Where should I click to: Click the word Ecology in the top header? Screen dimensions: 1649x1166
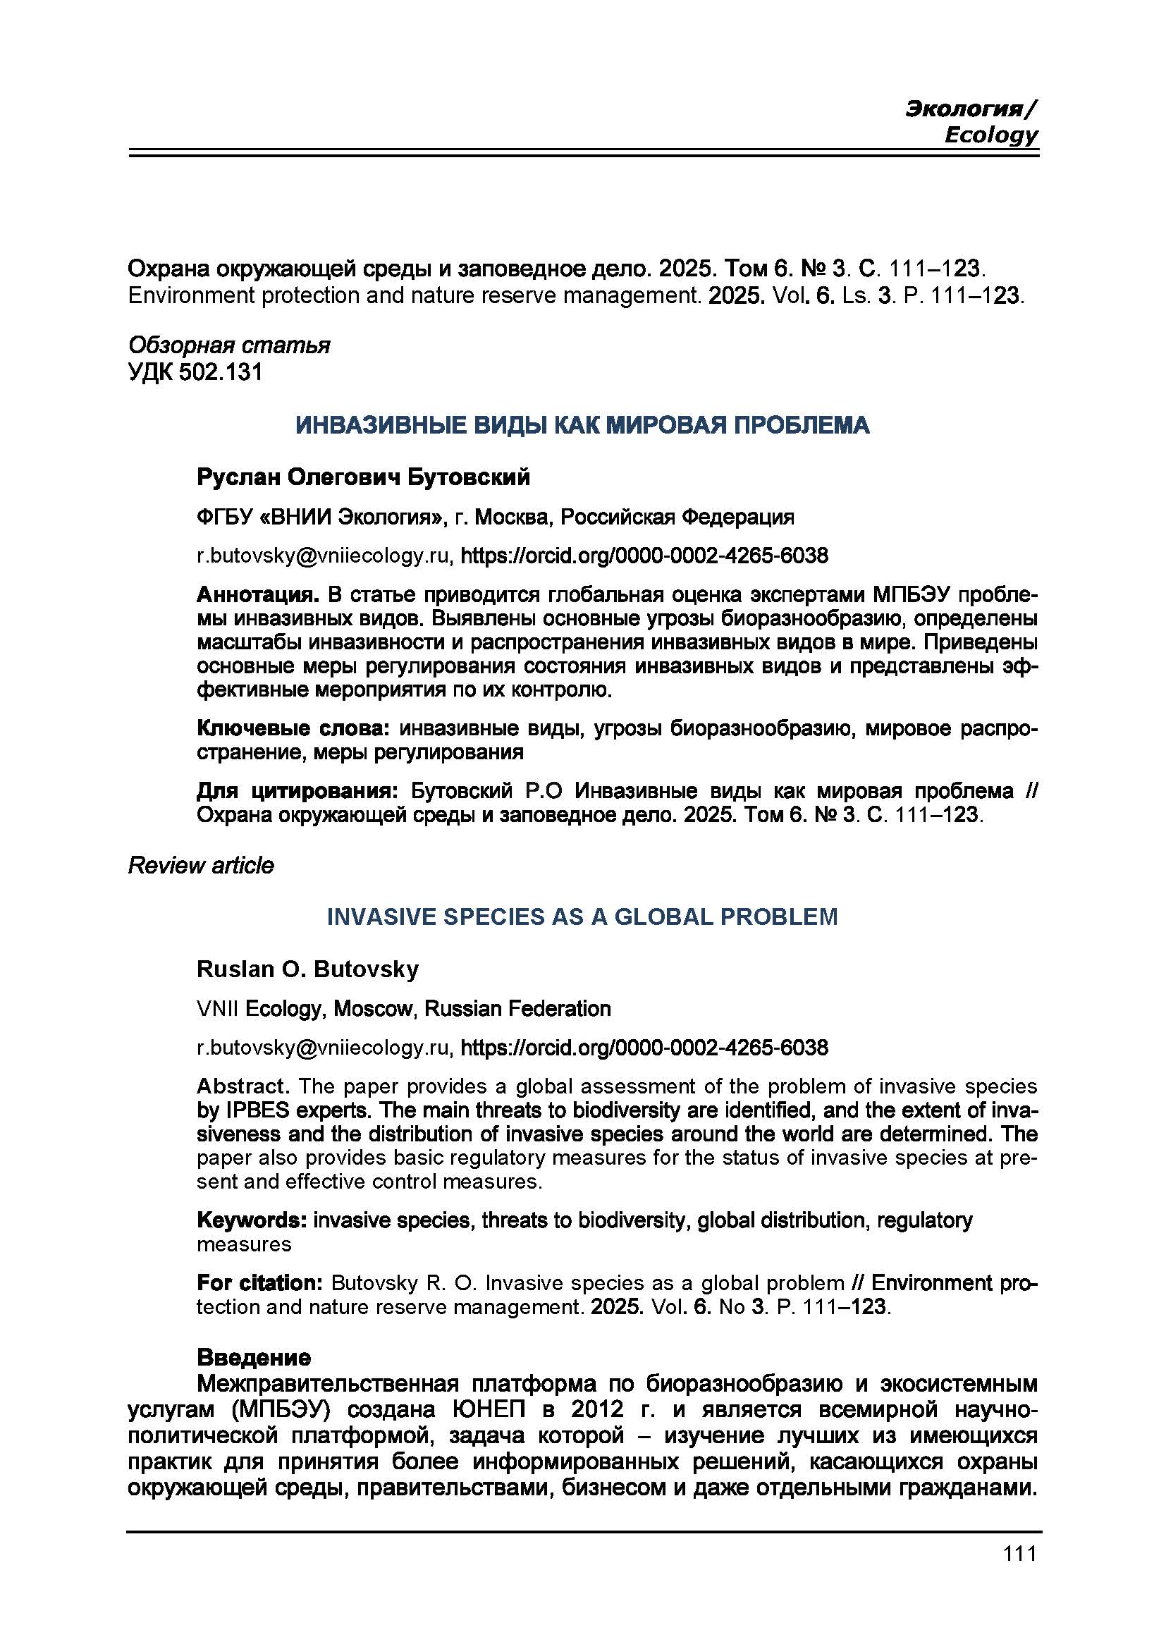click(x=990, y=135)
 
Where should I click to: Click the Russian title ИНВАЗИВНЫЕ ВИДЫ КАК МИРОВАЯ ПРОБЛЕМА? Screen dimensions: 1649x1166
click(x=582, y=425)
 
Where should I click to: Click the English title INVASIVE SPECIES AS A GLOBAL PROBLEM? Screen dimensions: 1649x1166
click(x=582, y=917)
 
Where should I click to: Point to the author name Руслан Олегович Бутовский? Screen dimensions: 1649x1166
click(x=363, y=477)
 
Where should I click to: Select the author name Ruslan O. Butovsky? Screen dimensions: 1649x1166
click(x=307, y=969)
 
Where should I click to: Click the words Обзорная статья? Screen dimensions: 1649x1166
click(x=229, y=345)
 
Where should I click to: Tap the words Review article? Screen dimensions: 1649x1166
click(x=201, y=866)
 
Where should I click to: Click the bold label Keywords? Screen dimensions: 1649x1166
click(x=252, y=1220)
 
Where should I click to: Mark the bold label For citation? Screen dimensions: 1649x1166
click(x=260, y=1282)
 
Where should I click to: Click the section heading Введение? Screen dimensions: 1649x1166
click(x=254, y=1357)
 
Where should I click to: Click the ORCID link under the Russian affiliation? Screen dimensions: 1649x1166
click(x=644, y=555)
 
